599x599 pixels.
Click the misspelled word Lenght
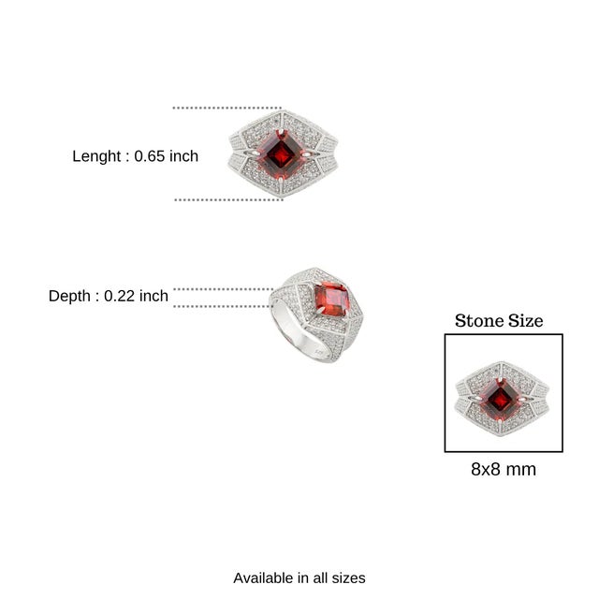tap(96, 156)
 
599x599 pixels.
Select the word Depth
tap(69, 296)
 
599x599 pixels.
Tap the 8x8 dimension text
tap(485, 469)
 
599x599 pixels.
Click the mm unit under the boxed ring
tap(520, 470)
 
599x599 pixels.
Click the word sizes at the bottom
tap(348, 578)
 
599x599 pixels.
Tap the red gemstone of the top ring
tap(282, 154)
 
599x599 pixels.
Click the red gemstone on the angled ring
tap(331, 299)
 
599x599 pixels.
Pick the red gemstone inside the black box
tap(501, 400)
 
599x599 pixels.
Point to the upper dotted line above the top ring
tap(226, 109)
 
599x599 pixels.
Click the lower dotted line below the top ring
tap(228, 199)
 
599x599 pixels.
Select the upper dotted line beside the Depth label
tap(224, 289)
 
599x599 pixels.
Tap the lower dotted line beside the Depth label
tap(223, 306)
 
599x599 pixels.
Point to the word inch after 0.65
tap(183, 156)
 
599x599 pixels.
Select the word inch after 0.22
tap(153, 296)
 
